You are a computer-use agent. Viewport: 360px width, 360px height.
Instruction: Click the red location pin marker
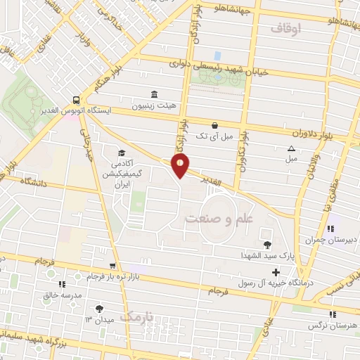click(181, 166)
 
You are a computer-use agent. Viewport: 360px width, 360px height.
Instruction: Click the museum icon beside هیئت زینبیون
click(154, 95)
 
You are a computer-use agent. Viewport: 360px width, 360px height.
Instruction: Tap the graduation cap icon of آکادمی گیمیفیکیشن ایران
click(121, 153)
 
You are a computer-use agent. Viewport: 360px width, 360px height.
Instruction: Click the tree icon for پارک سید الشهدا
click(266, 245)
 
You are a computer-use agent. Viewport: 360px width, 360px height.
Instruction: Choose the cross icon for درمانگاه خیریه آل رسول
click(275, 272)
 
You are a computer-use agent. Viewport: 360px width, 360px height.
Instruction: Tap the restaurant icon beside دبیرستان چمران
click(329, 229)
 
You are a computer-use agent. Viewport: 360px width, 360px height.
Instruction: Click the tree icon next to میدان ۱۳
click(99, 308)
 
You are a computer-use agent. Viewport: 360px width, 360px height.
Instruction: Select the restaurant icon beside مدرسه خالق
click(62, 285)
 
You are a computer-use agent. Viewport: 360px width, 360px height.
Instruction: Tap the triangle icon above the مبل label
click(291, 148)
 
